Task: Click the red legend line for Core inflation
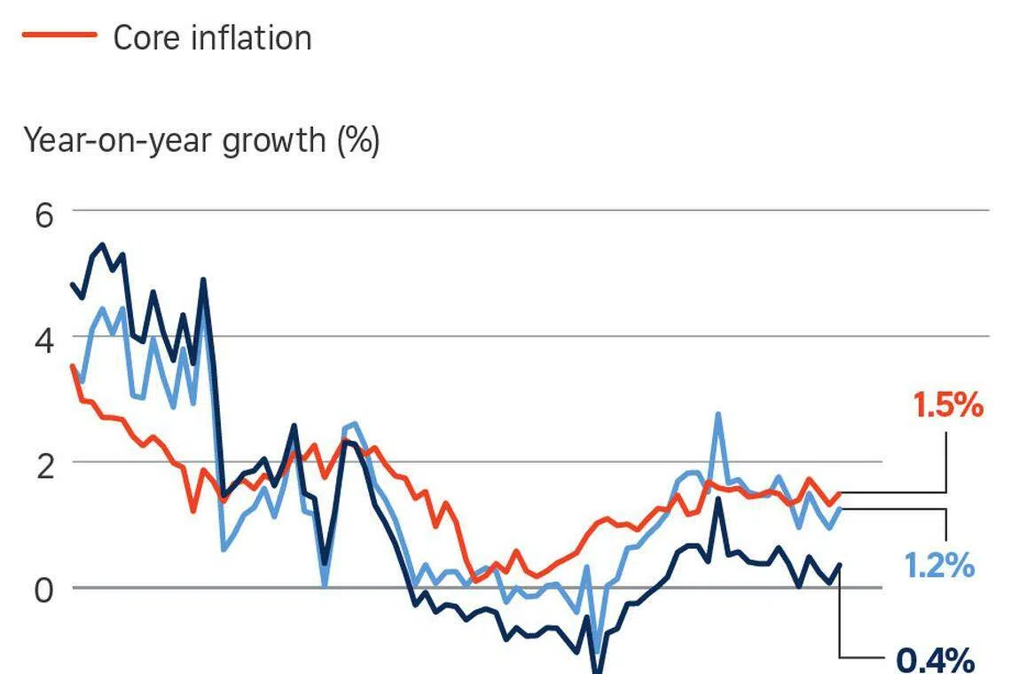(59, 35)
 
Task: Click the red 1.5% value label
(948, 405)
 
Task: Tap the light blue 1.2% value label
(939, 565)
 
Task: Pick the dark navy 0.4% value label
(936, 660)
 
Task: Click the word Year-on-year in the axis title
(117, 140)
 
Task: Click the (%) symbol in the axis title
(358, 140)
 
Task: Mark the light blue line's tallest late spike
(717, 414)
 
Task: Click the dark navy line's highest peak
(103, 245)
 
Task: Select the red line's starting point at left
(73, 366)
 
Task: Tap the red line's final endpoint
(839, 494)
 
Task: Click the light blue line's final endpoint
(839, 509)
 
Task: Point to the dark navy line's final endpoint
(839, 564)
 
